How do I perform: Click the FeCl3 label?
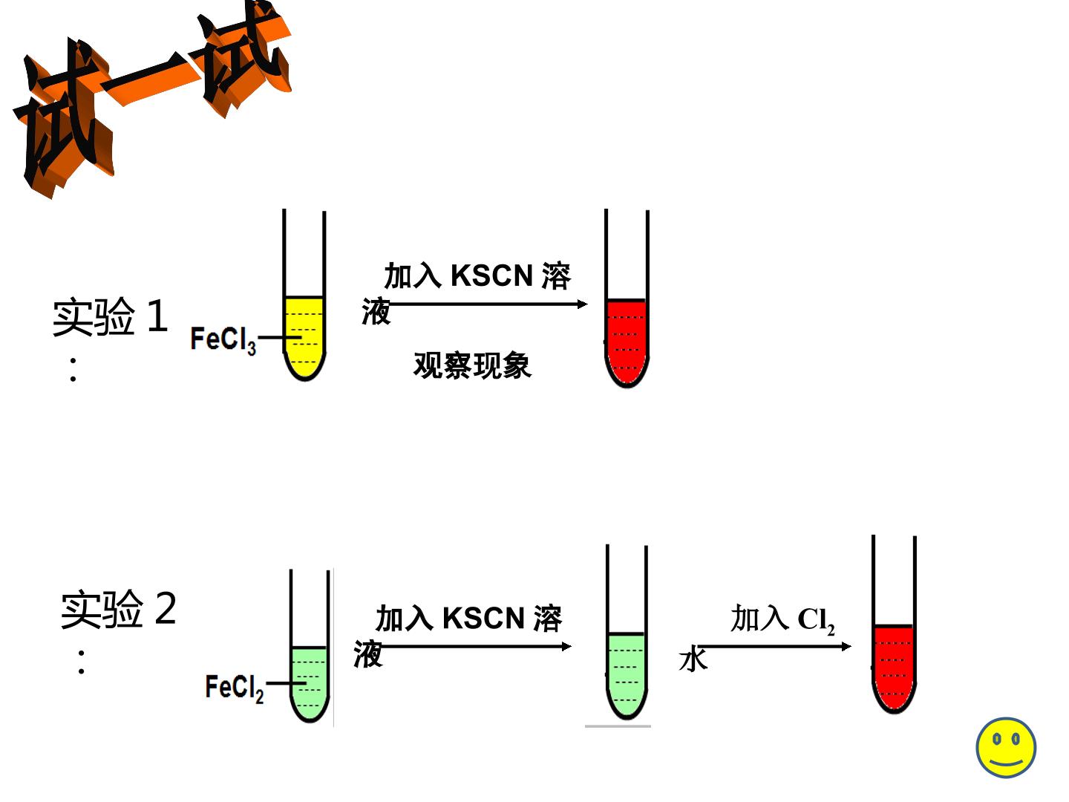tap(223, 340)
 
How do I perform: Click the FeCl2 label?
tap(235, 688)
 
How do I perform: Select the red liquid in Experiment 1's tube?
tap(627, 342)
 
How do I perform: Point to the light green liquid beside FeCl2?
tap(309, 684)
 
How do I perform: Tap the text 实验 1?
tap(110, 316)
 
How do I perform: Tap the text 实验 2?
tap(118, 609)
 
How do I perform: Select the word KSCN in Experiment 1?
tap(492, 276)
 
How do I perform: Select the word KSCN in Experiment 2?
tap(483, 619)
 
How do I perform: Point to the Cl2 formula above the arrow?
tap(817, 621)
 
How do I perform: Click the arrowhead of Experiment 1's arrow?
tap(583, 304)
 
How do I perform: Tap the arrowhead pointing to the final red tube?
tap(846, 646)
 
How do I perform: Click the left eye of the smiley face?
tap(996, 739)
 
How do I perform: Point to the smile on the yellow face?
tap(1006, 762)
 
